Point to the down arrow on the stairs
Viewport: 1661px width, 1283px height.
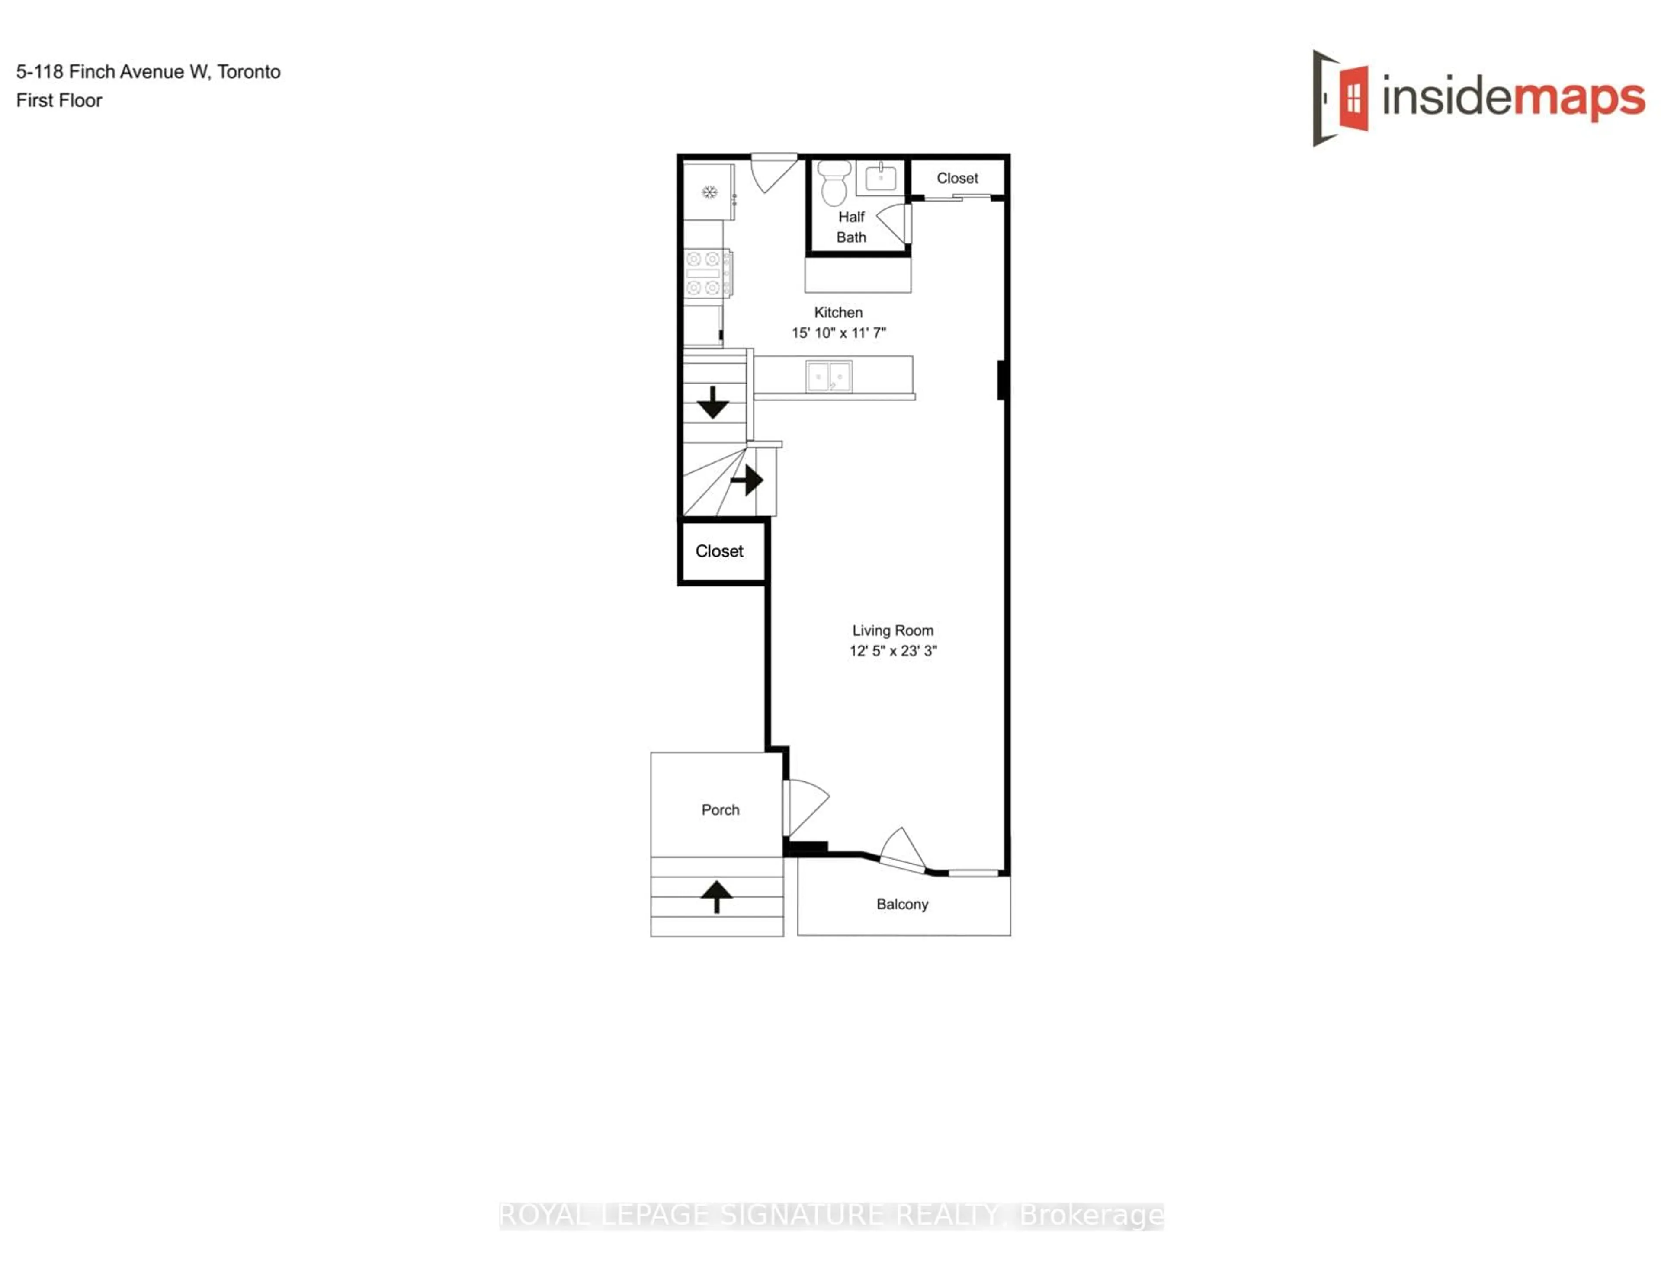click(712, 402)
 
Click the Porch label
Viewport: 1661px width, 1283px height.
click(720, 810)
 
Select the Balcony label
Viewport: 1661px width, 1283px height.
click(902, 904)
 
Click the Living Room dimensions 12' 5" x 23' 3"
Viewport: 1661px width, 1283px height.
click(893, 651)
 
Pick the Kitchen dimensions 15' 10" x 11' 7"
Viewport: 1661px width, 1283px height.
click(838, 333)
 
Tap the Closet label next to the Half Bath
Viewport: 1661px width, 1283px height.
click(957, 179)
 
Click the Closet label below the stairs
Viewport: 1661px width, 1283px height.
click(719, 551)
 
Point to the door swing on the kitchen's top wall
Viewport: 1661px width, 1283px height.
click(773, 173)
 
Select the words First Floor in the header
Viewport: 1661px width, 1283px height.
click(59, 100)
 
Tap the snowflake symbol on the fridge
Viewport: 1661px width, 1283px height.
click(709, 192)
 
